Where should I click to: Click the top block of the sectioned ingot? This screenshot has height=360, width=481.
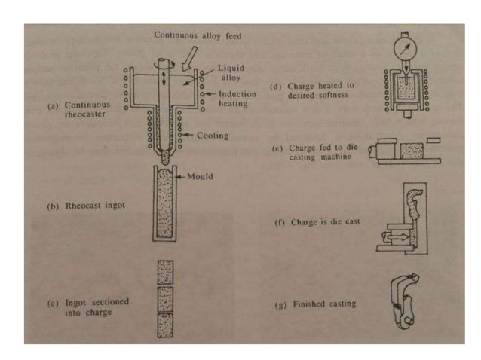point(165,272)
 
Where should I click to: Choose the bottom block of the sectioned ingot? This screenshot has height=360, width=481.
point(165,325)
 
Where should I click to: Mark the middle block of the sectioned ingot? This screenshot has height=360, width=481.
point(165,298)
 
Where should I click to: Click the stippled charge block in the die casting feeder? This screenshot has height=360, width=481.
point(412,151)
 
